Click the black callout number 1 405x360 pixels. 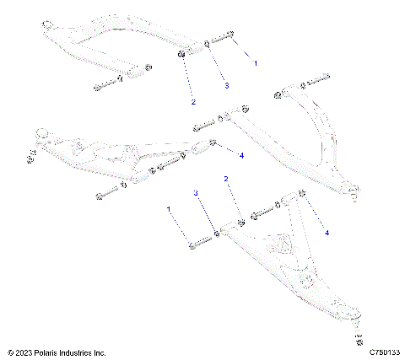click(x=257, y=64)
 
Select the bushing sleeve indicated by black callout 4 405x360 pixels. click(x=202, y=148)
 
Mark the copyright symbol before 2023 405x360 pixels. click(x=9, y=352)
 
